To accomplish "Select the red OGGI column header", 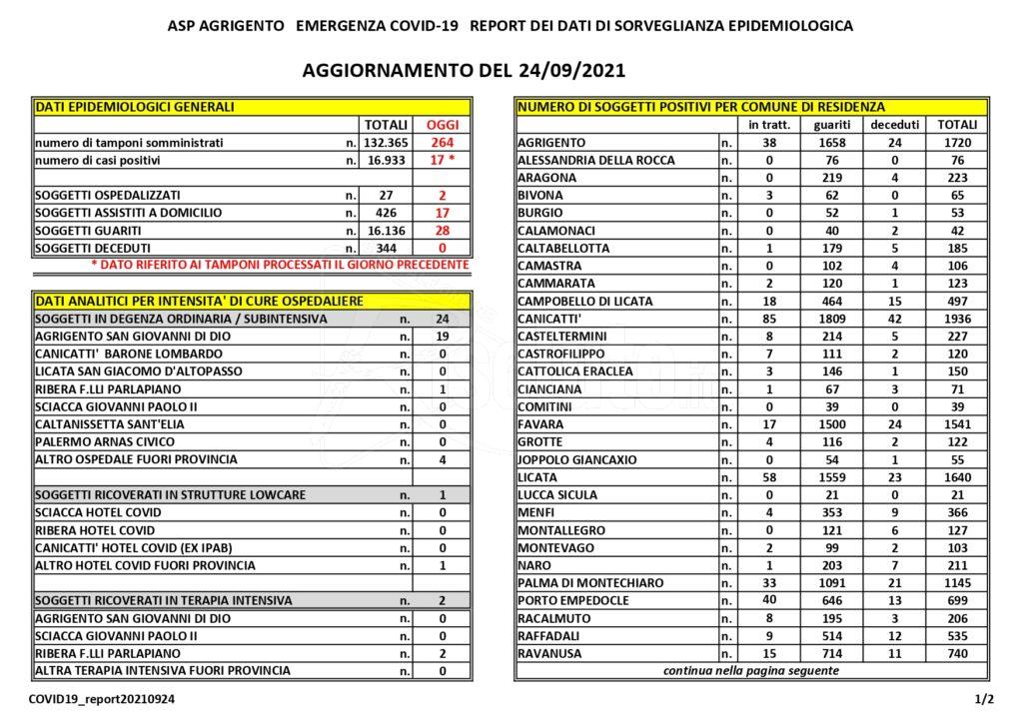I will tap(443, 125).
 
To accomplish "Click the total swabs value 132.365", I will tap(386, 143).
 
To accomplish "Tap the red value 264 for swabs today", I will tap(443, 143).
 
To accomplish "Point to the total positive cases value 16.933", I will tap(386, 160).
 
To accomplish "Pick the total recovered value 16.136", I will tap(386, 230).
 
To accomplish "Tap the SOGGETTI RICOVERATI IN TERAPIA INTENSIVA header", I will tap(163, 600).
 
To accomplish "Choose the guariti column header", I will tap(832, 125).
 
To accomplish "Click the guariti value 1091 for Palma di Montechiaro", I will tap(832, 582).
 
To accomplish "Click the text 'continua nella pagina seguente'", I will tap(751, 670).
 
